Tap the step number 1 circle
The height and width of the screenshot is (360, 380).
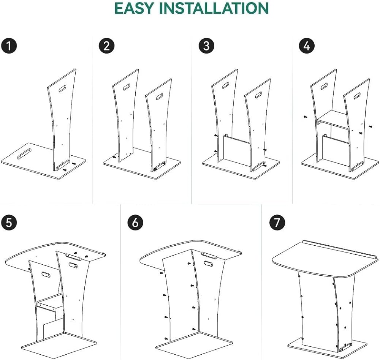8,46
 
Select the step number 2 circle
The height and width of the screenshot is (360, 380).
106,46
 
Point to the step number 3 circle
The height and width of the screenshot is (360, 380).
206,46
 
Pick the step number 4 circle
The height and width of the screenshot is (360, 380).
307,46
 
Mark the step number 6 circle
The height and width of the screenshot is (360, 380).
135,223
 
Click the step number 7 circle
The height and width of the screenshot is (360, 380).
277,223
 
